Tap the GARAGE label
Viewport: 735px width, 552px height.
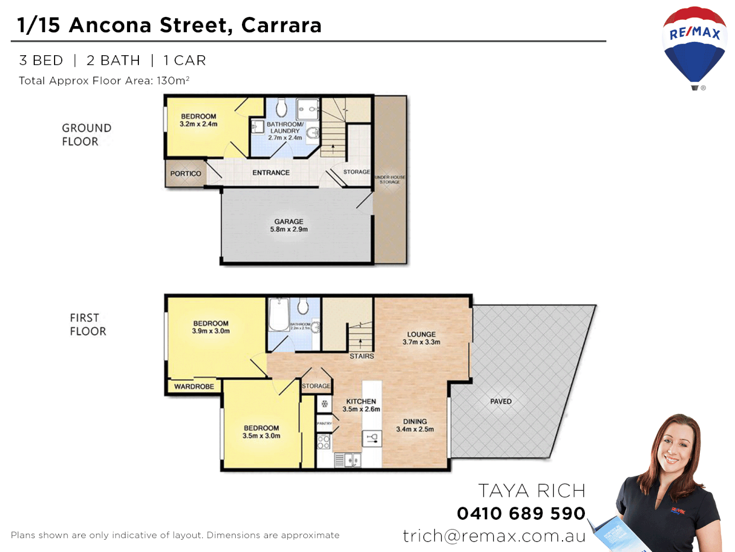289,222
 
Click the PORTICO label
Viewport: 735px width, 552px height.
186,174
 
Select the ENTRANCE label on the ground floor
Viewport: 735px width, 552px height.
271,173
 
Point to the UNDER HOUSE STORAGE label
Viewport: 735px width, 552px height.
390,179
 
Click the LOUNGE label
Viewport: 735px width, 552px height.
422,334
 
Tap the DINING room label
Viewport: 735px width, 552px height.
415,422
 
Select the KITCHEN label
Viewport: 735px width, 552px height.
361,402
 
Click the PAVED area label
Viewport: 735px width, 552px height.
501,402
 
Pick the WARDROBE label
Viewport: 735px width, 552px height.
194,387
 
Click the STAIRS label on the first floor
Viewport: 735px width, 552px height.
361,356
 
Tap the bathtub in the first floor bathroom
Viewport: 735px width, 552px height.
279,315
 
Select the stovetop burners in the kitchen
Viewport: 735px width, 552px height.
324,442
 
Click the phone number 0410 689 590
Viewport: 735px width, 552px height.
521,513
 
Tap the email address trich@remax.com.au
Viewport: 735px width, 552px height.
494,536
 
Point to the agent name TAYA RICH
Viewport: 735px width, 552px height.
531,491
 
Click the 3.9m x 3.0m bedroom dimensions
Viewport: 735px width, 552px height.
211,331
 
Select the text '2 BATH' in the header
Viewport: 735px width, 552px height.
113,60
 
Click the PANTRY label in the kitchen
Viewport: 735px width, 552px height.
324,423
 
